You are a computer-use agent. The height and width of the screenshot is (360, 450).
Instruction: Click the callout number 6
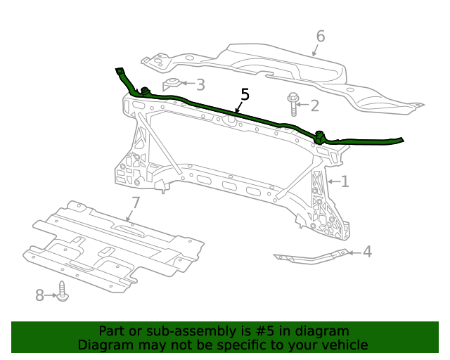click(x=321, y=36)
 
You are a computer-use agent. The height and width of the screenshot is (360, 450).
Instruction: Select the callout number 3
click(x=200, y=85)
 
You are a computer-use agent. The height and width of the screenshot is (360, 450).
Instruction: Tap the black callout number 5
click(x=245, y=94)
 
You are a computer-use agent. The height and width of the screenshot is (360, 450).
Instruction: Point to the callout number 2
click(x=314, y=106)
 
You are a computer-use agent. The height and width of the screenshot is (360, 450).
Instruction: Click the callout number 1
click(x=345, y=182)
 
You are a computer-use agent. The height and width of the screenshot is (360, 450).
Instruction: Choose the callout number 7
click(x=136, y=203)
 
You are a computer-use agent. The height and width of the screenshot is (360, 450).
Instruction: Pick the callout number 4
click(x=367, y=252)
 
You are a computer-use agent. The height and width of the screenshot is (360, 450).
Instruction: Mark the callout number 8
click(x=40, y=295)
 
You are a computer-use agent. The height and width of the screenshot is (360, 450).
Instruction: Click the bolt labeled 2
click(x=292, y=104)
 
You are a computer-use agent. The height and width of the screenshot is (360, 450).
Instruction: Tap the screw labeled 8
click(x=63, y=292)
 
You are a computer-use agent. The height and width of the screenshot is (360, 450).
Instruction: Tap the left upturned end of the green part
click(x=119, y=72)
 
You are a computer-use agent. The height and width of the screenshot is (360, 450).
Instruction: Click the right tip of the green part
click(x=401, y=139)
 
